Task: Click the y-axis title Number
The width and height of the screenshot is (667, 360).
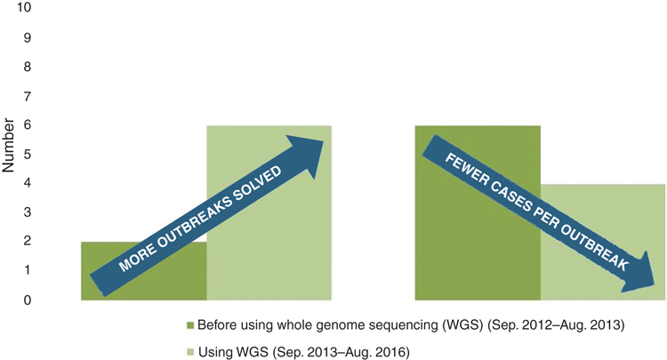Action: point(8,146)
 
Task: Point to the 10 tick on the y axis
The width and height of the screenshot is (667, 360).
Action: point(24,8)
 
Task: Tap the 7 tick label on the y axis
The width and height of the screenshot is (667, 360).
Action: point(28,97)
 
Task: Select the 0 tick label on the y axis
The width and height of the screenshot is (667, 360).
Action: point(28,300)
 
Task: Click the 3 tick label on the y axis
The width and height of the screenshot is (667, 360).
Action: point(28,212)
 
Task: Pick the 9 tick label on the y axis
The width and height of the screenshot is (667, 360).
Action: point(28,37)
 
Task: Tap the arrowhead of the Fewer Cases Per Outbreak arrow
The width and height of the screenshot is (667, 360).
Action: point(638,274)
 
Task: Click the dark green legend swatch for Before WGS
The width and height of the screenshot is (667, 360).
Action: point(190,325)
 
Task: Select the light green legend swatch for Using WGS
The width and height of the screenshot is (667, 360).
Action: point(190,352)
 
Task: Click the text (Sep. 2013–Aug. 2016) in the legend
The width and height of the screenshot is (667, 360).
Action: point(341,352)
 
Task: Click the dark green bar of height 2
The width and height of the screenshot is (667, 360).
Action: point(144,271)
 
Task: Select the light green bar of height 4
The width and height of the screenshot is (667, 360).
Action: point(603,243)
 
